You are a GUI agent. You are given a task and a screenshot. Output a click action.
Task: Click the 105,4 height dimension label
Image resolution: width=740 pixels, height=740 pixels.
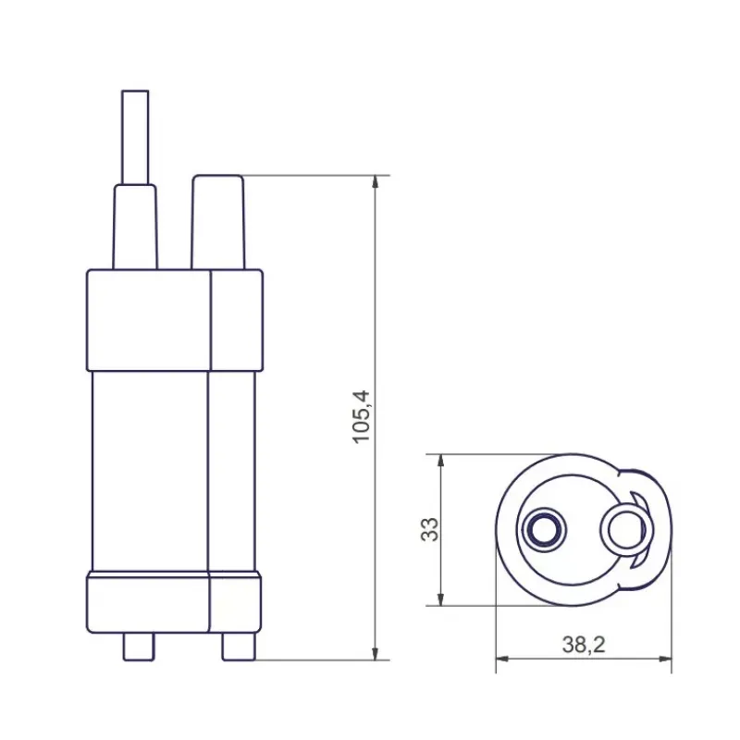tap(362, 417)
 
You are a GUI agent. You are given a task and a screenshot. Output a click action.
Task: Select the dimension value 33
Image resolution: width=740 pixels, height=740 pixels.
tap(429, 529)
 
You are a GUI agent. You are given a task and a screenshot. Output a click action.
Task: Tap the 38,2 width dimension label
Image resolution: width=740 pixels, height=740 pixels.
tap(584, 645)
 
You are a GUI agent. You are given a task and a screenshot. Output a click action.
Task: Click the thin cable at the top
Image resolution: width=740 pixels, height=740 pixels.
tap(135, 137)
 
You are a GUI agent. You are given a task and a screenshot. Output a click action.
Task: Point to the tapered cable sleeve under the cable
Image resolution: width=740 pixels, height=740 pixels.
tap(135, 227)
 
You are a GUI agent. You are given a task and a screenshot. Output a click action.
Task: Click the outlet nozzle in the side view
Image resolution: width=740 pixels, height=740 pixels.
tap(218, 222)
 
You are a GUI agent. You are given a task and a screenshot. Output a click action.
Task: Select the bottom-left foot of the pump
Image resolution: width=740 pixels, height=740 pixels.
tap(138, 647)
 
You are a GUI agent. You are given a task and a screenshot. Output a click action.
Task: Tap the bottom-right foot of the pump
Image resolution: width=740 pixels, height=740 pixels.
tap(239, 647)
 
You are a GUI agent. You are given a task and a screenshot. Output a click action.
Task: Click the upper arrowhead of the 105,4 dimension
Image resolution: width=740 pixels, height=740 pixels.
tap(376, 182)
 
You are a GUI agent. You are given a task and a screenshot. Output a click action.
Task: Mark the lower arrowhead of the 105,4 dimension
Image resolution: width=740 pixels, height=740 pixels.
tap(376, 653)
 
